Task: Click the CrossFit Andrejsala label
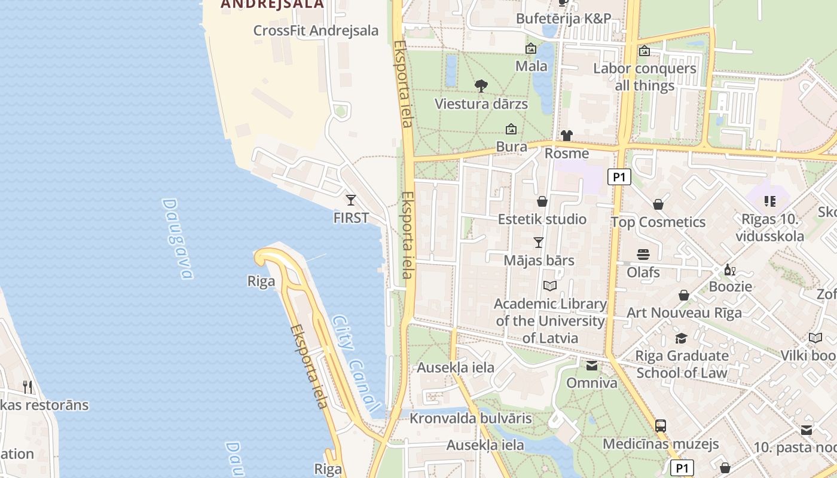click(x=316, y=30)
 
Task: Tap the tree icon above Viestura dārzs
click(x=481, y=86)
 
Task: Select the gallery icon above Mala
click(x=530, y=48)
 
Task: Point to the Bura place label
click(x=512, y=147)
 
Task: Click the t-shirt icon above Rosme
click(x=566, y=136)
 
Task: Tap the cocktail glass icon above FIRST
click(x=351, y=200)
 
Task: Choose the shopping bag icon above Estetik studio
click(x=542, y=201)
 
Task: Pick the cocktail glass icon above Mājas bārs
click(x=539, y=243)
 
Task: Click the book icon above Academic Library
click(x=550, y=286)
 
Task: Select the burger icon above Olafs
click(x=643, y=255)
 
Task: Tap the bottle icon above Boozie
click(x=729, y=270)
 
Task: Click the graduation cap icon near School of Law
click(x=681, y=339)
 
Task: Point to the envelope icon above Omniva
click(x=591, y=366)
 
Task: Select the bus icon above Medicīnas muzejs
click(x=660, y=426)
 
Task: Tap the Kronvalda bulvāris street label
click(x=471, y=418)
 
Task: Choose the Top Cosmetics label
click(x=658, y=222)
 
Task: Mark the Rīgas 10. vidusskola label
click(x=769, y=228)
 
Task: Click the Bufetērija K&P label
click(x=563, y=19)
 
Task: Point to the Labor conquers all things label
click(x=644, y=77)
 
